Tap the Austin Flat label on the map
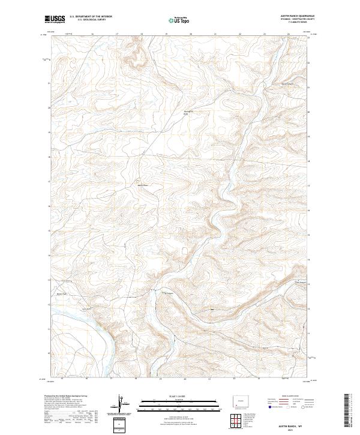point(61,293)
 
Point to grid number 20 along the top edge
point(191,34)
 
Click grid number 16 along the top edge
point(92,34)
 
